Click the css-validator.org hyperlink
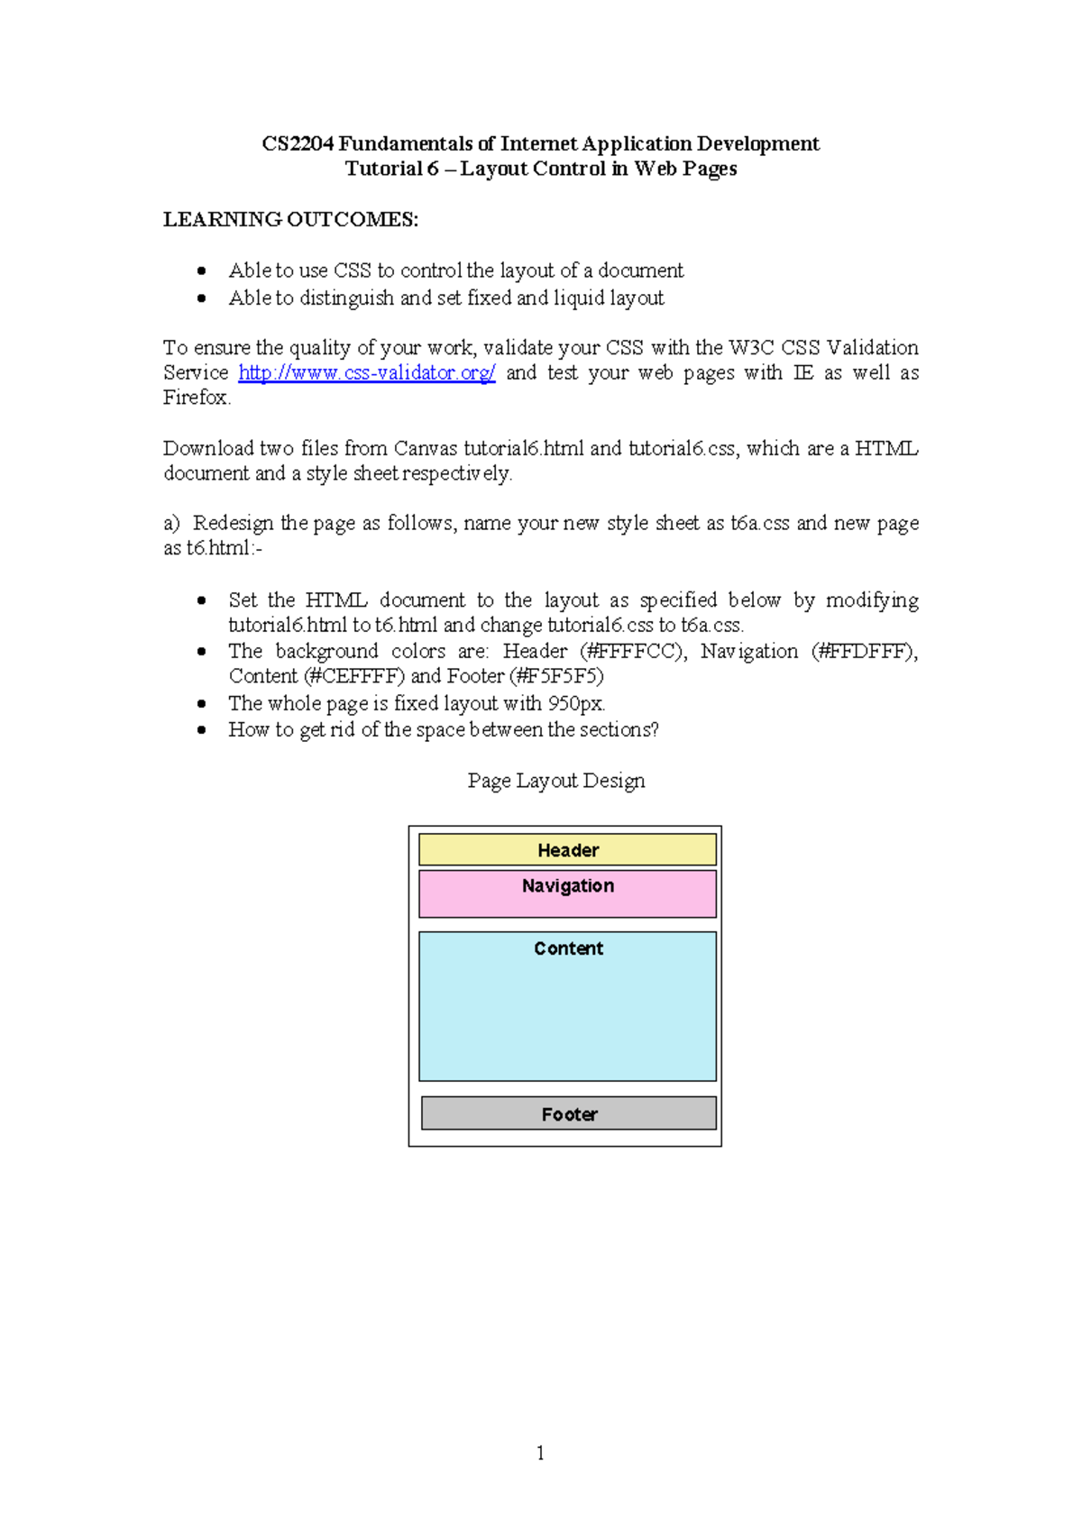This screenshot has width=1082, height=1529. tap(366, 373)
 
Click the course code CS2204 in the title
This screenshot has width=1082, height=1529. tap(298, 144)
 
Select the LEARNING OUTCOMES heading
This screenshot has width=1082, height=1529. tap(290, 220)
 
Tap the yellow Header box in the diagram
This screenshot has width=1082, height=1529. tap(567, 850)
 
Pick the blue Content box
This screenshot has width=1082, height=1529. tap(567, 1006)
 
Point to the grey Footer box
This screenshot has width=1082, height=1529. tap(568, 1114)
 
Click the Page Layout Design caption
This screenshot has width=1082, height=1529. tap(556, 781)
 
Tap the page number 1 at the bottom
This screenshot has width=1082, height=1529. tap(540, 1452)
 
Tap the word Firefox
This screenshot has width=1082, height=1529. tap(196, 398)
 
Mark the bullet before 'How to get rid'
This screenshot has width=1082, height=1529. tap(202, 730)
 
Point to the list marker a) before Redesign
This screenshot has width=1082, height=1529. tap(171, 524)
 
